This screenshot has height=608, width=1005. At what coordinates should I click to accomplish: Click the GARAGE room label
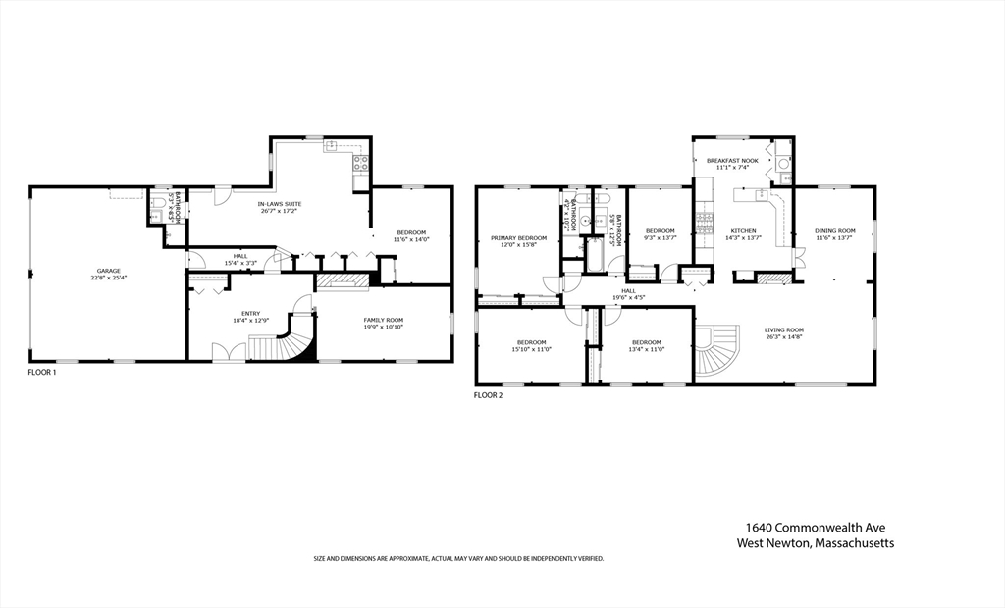click(108, 271)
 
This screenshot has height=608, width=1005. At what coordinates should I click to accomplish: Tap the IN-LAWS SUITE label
click(280, 204)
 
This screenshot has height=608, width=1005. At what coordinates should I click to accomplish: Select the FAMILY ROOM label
click(384, 321)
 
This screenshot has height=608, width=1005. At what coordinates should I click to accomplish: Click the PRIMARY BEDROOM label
click(518, 238)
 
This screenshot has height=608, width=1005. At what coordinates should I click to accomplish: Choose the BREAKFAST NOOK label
click(732, 161)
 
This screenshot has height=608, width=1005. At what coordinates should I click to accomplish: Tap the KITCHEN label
click(742, 231)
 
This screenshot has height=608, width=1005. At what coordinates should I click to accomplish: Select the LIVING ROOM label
click(784, 330)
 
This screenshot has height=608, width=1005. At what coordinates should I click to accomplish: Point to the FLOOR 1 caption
click(42, 373)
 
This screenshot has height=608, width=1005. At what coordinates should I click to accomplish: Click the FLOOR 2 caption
click(488, 395)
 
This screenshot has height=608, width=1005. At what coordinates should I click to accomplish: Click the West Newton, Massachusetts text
click(816, 543)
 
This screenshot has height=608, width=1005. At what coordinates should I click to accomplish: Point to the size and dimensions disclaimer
click(458, 558)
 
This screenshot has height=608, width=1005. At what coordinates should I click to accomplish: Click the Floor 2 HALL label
click(628, 291)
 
